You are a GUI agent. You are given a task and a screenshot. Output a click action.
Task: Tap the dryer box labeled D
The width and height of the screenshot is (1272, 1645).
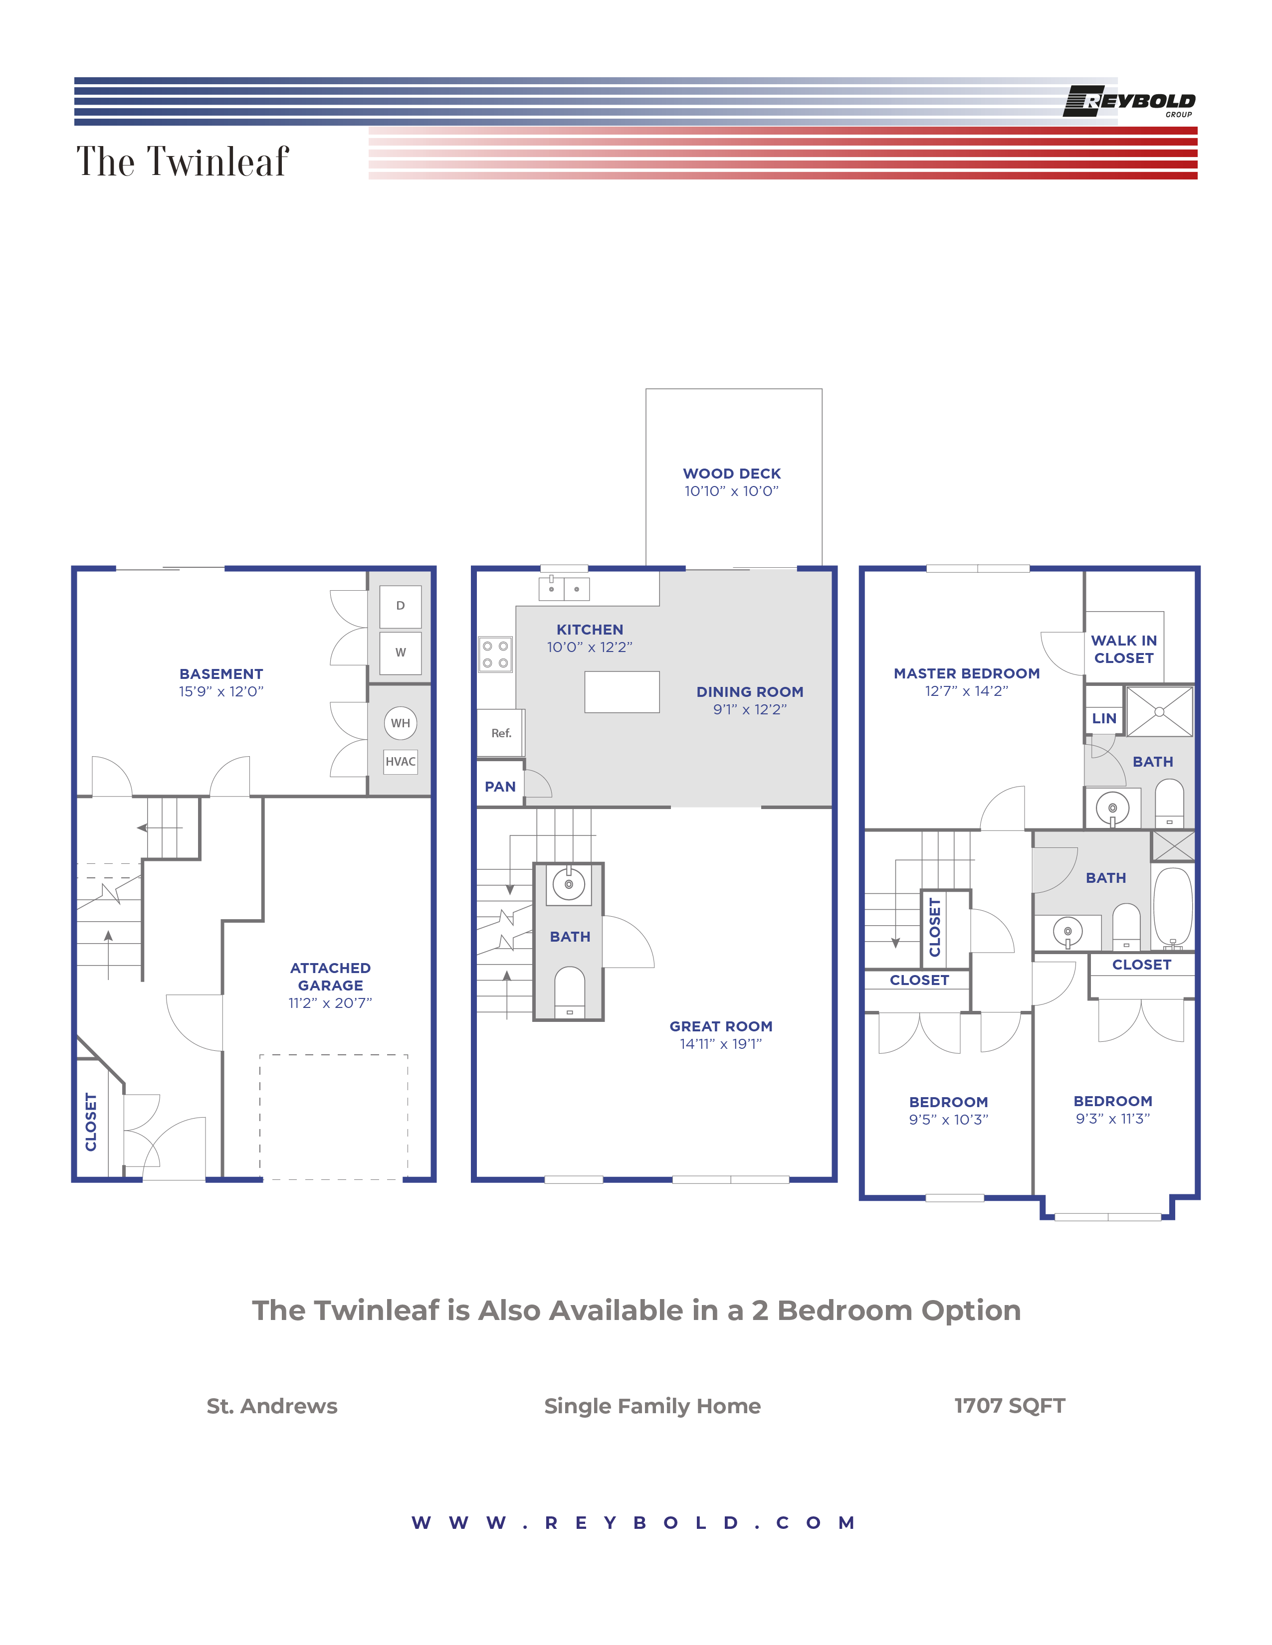coord(400,606)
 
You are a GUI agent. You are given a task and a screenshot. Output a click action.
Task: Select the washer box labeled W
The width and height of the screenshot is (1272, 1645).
coord(400,653)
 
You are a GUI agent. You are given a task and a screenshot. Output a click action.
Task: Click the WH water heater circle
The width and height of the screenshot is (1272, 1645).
coord(400,723)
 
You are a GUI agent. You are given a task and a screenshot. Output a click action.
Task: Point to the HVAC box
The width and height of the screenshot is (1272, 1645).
coord(400,762)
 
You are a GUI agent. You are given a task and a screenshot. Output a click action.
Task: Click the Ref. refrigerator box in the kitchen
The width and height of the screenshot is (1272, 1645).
coord(501,733)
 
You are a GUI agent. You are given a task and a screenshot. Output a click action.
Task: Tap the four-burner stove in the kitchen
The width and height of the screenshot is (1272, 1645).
coord(495,655)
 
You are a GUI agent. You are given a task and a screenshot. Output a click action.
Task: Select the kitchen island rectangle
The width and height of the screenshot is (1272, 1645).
coord(622,691)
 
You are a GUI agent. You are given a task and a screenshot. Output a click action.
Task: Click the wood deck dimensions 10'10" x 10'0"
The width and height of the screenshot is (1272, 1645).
coord(731,491)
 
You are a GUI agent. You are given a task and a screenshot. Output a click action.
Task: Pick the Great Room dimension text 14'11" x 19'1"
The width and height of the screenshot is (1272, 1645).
coord(720,1044)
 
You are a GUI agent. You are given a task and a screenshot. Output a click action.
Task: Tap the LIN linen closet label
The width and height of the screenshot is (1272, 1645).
coord(1104,718)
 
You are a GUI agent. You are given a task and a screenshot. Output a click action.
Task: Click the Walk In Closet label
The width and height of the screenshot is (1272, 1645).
coord(1123,649)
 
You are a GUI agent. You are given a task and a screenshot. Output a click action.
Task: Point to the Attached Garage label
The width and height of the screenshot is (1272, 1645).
coord(330,977)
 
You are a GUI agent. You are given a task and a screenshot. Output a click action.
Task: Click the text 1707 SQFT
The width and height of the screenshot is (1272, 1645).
coord(1009,1406)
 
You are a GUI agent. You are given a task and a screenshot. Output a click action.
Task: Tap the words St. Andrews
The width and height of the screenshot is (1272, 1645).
coord(272,1406)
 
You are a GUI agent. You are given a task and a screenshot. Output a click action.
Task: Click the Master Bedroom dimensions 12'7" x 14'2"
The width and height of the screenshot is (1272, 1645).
coord(966,691)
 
